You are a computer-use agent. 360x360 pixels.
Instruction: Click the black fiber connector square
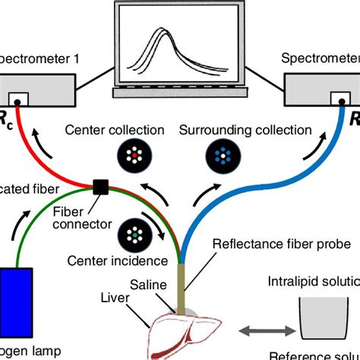99,185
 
